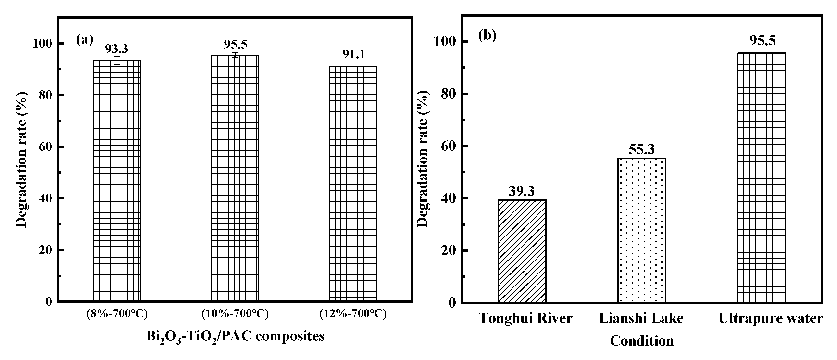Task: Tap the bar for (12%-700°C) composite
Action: coord(353,184)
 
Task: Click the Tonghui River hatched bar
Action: coord(522,251)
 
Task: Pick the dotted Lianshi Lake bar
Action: coord(642,230)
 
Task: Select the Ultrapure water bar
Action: coord(762,177)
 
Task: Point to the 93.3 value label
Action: coord(116,49)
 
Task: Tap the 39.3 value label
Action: coord(522,191)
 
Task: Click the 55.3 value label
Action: coord(642,149)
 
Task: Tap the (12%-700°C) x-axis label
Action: coord(353,314)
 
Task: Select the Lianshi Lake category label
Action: coord(641,318)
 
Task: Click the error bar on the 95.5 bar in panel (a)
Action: coord(235,55)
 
